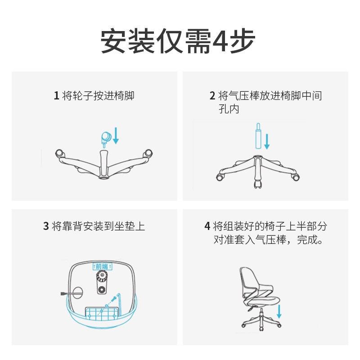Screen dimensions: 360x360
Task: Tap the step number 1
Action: (57, 95)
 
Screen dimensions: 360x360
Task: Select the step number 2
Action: (212, 95)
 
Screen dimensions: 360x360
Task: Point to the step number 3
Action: (46, 226)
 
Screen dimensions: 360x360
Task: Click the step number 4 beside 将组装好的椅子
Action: (207, 226)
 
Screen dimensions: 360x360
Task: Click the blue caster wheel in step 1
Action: (106, 139)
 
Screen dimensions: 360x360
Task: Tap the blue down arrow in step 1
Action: (116, 136)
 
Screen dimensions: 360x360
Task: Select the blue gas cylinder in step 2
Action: (258, 136)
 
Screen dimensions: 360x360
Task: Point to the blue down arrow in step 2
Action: (267, 142)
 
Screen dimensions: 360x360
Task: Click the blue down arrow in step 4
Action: (279, 311)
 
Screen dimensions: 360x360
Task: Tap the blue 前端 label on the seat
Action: (103, 266)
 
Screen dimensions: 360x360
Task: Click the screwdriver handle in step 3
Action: (63, 294)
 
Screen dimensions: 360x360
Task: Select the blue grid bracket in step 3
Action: (102, 313)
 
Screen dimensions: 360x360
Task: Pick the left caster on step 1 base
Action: (59, 153)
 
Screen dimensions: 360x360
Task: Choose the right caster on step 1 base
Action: (148, 153)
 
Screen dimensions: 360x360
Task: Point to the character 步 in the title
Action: (243, 41)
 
